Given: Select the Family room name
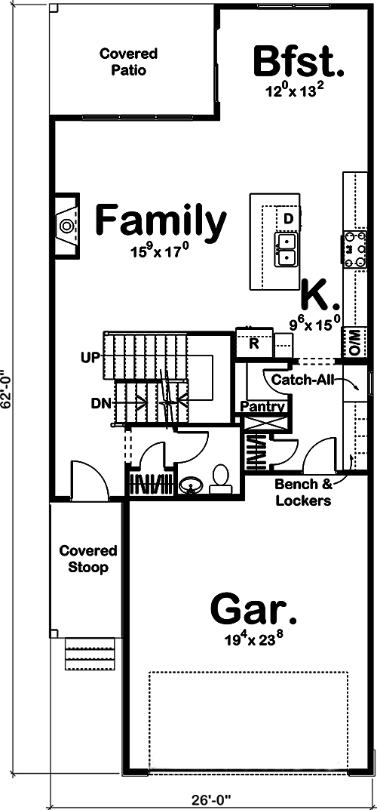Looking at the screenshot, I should pyautogui.click(x=161, y=221).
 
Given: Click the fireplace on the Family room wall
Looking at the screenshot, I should pyautogui.click(x=66, y=225).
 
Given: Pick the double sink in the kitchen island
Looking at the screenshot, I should pyautogui.click(x=287, y=249).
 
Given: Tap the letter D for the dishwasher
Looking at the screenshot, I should pyautogui.click(x=288, y=220).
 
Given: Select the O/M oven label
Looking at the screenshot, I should pyautogui.click(x=355, y=342).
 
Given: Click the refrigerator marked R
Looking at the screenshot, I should pyautogui.click(x=253, y=343).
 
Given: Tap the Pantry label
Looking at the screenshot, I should pyautogui.click(x=262, y=407).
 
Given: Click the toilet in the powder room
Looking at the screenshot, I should pyautogui.click(x=221, y=479).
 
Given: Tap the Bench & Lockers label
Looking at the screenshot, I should pyautogui.click(x=302, y=491).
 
